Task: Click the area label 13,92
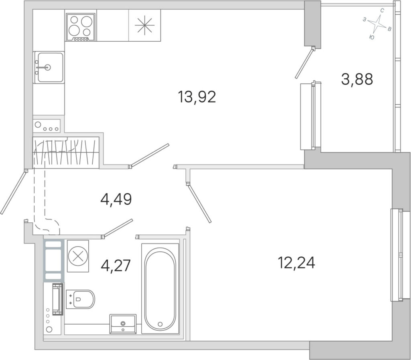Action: (197, 97)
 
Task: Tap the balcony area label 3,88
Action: (357, 79)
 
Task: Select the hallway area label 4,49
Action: (116, 199)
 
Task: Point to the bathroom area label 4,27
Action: (116, 265)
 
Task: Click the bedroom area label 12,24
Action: (296, 263)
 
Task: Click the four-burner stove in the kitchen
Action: (80, 27)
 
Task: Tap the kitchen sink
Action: (49, 67)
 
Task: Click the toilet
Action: (80, 299)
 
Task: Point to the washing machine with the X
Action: (78, 256)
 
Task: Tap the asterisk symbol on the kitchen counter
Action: (144, 25)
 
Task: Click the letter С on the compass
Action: (383, 11)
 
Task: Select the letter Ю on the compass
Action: (372, 37)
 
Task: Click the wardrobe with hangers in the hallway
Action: (66, 152)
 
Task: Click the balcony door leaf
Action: (305, 63)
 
